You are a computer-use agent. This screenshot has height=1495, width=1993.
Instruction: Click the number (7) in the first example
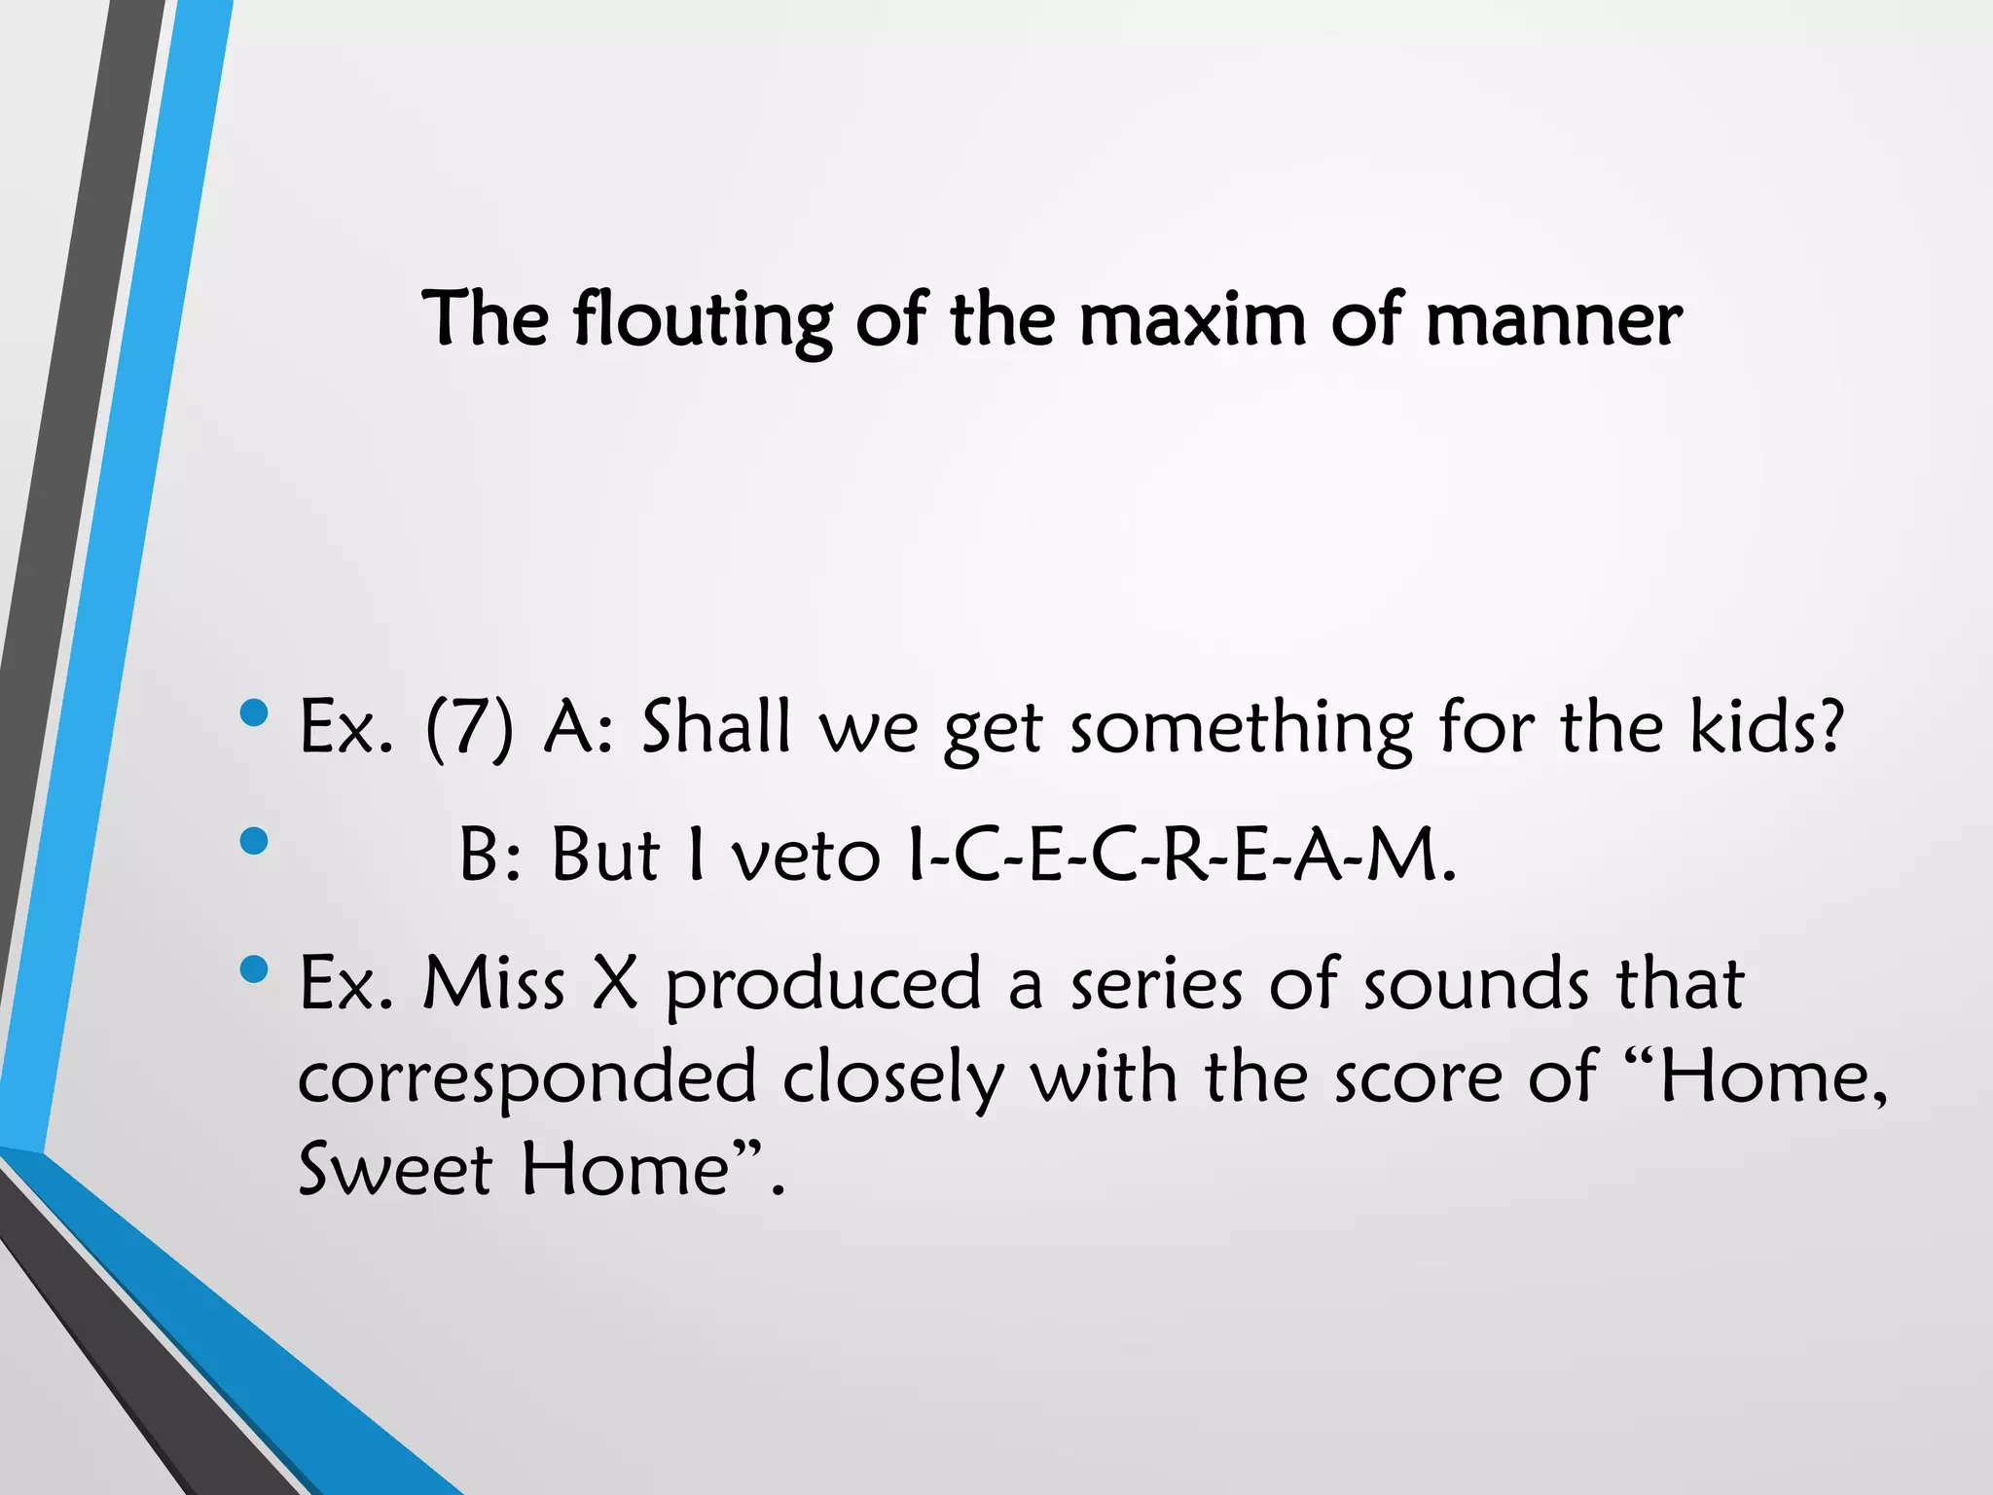click(x=468, y=727)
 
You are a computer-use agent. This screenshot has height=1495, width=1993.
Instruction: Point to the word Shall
click(x=715, y=727)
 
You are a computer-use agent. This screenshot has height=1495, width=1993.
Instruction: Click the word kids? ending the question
click(x=1766, y=727)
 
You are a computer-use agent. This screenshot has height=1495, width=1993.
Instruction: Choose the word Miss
click(x=493, y=984)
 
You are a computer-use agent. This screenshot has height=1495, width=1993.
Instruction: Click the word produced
click(x=823, y=986)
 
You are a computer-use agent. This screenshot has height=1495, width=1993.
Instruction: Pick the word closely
click(x=892, y=1078)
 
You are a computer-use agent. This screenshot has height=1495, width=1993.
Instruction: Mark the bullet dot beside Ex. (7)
click(x=253, y=713)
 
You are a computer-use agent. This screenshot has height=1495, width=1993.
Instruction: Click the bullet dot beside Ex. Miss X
click(x=253, y=969)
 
